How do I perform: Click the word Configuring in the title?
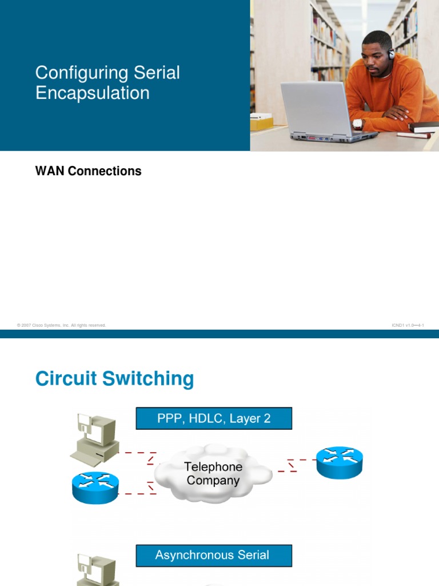[79, 73]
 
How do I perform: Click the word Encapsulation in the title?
[93, 93]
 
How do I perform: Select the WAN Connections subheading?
[88, 171]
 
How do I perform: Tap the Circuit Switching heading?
[114, 379]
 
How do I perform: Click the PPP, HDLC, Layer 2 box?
[214, 418]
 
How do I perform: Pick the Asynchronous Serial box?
[214, 555]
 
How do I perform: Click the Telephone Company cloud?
[213, 474]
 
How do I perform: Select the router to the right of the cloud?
[340, 462]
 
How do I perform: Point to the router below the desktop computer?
[95, 488]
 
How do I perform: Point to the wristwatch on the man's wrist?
[358, 123]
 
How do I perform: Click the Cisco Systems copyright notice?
[62, 325]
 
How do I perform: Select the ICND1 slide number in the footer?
[408, 325]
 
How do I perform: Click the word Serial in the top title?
[157, 73]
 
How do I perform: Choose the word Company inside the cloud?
[213, 481]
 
